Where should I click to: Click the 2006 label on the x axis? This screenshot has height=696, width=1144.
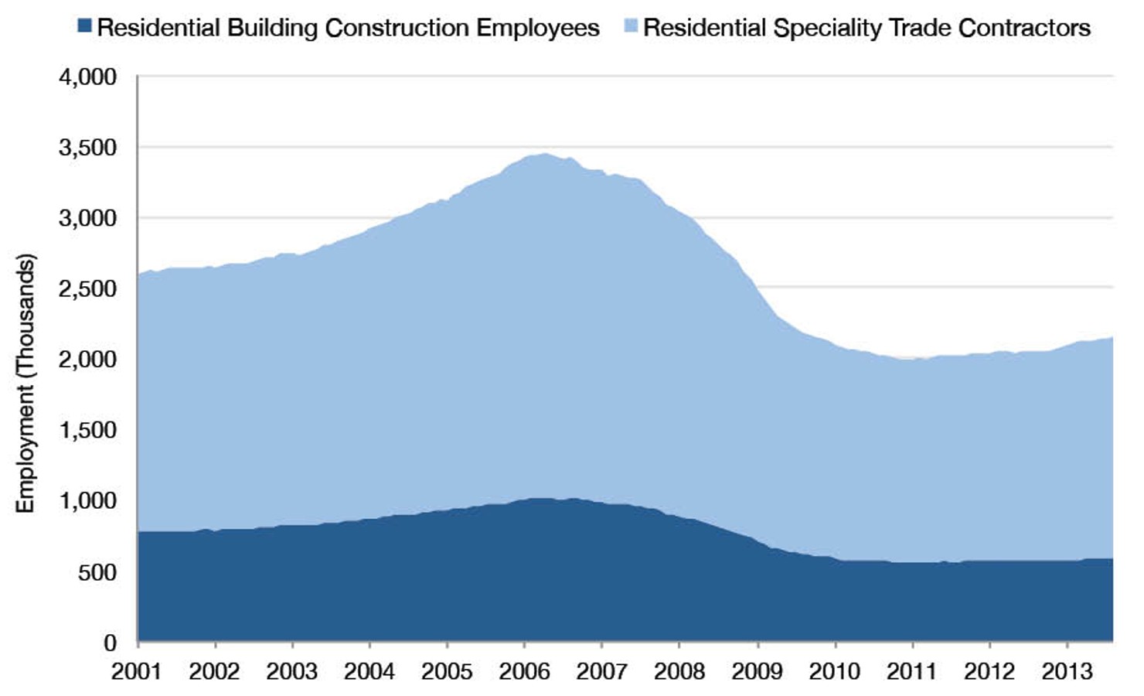524,670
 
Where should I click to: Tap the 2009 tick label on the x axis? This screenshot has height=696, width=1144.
757,670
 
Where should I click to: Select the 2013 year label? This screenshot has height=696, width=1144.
1067,670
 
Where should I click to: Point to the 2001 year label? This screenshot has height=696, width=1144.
137,670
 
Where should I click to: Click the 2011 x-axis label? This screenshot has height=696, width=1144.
912,670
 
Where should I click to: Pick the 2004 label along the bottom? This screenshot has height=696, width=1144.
369,670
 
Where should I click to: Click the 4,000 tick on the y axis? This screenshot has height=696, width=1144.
87,77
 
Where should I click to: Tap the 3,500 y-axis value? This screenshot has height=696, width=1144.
87,148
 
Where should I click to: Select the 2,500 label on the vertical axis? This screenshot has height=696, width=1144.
87,289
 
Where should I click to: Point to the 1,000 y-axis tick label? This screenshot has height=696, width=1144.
87,501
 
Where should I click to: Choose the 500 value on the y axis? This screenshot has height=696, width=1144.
97,572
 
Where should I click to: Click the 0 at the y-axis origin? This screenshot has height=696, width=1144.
110,643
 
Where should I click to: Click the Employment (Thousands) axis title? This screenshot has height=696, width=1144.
26,383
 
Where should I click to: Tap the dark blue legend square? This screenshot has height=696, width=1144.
84,26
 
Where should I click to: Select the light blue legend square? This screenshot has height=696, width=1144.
631,26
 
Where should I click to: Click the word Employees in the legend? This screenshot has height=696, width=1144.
537,28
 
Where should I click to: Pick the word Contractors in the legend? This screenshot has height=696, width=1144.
1024,28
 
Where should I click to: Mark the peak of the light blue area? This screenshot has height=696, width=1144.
545,154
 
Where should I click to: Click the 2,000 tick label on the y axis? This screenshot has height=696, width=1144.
87,360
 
